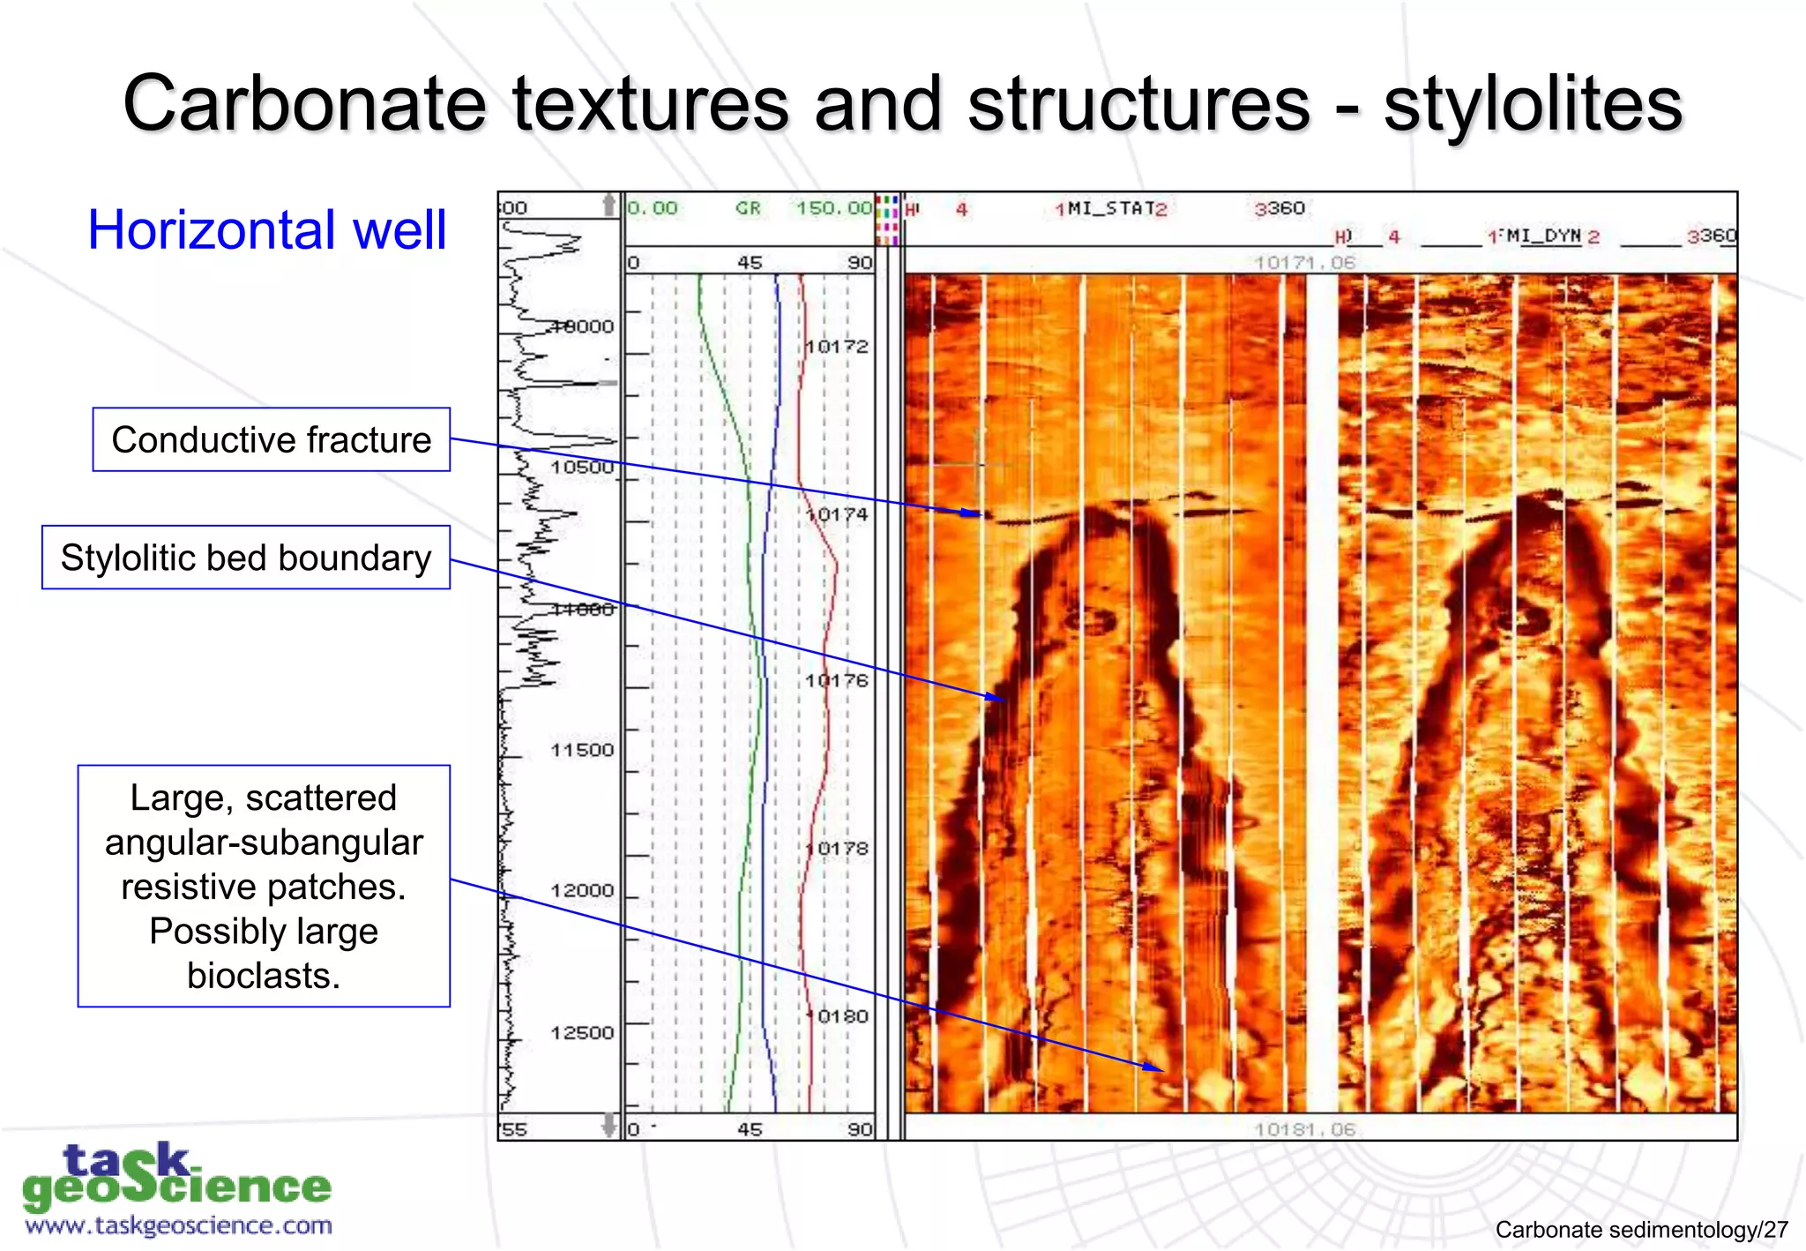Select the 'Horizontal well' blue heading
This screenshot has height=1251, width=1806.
click(267, 230)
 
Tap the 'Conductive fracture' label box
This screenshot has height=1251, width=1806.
click(272, 439)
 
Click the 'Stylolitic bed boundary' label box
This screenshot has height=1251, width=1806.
click(246, 558)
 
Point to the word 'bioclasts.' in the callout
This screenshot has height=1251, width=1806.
click(263, 976)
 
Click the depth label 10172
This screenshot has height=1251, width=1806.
click(837, 347)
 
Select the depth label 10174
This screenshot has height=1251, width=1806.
click(837, 514)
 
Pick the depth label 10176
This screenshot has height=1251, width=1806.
click(837, 680)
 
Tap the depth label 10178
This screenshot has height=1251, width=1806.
click(837, 849)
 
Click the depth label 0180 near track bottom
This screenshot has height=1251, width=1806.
click(841, 1016)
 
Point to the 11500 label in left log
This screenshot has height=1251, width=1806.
click(582, 750)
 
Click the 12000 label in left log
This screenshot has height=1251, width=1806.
click(582, 890)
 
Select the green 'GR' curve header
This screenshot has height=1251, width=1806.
click(748, 208)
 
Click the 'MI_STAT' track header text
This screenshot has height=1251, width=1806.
click(1111, 209)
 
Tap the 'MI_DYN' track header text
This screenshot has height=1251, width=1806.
click(1543, 236)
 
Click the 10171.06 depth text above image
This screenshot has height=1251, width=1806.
click(1304, 263)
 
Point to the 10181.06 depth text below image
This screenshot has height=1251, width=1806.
click(1304, 1129)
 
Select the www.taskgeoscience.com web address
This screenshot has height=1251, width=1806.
click(179, 1226)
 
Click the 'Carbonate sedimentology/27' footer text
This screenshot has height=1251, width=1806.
click(1641, 1230)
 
